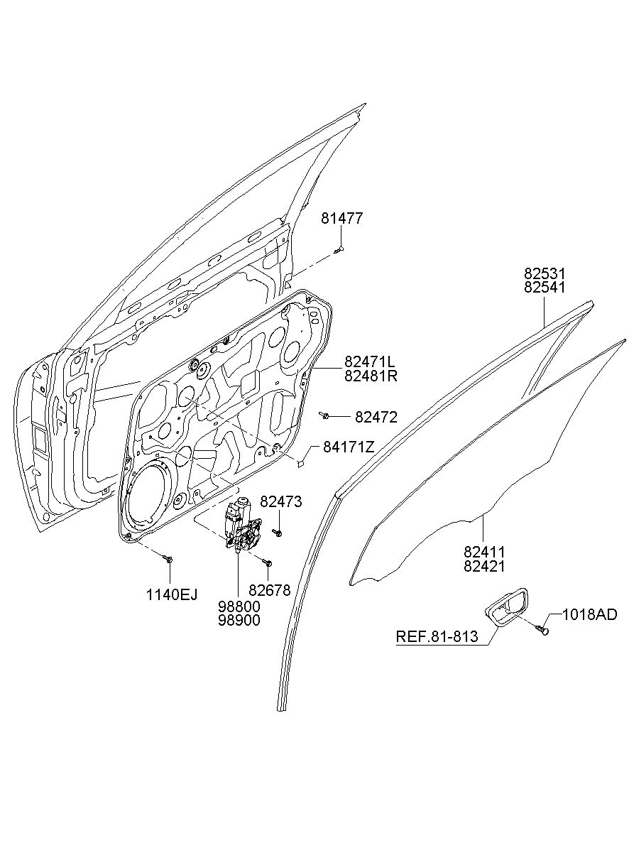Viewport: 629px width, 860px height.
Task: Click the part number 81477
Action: (x=341, y=219)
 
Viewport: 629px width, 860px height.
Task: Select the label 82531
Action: (x=545, y=273)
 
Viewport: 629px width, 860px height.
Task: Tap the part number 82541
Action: (x=545, y=288)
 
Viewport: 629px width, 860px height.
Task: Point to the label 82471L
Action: (x=370, y=361)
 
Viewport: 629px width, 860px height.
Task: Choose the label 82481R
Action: (x=371, y=376)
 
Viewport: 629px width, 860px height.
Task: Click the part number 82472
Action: (x=376, y=417)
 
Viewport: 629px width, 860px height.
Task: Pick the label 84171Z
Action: (x=349, y=447)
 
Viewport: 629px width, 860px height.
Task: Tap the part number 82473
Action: (x=281, y=501)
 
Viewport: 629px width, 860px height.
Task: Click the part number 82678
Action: (x=270, y=590)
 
